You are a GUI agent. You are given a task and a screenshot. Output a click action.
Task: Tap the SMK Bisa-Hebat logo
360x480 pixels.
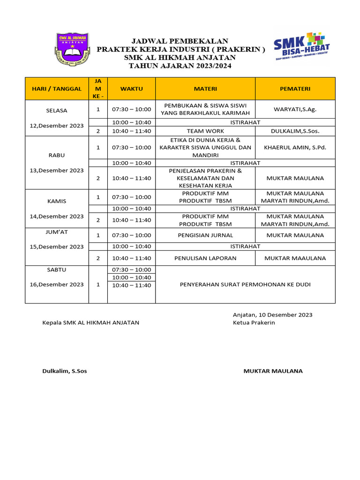302,47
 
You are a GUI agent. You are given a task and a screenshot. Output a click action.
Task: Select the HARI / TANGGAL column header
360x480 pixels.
57,89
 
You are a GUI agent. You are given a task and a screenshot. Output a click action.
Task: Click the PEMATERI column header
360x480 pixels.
295,89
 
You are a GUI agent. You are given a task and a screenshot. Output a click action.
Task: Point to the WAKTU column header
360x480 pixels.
131,89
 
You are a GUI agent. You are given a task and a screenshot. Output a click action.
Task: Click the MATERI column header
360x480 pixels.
205,89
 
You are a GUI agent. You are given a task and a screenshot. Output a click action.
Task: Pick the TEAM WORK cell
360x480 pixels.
205,131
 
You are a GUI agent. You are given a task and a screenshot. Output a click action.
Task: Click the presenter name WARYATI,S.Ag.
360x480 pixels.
295,109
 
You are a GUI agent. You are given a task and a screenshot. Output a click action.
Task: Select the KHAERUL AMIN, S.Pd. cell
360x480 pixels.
295,147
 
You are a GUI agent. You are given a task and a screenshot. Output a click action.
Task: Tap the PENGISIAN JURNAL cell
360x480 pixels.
205,235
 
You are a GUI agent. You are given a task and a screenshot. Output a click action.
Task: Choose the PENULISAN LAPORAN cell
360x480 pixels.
205,258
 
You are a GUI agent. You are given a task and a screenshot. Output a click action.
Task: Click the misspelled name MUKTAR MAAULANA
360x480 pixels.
295,258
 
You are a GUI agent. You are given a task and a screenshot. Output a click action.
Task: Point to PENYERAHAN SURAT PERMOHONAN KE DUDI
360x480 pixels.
245,285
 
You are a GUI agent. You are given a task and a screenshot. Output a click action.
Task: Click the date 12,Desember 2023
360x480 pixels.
57,126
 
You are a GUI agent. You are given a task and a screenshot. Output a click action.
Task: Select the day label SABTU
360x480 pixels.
57,270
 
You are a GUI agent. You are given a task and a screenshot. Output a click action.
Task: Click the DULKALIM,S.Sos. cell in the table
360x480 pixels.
295,131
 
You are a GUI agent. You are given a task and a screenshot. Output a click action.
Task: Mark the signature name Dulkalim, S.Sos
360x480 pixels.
65,371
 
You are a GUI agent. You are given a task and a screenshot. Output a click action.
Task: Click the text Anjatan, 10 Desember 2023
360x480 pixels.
272,315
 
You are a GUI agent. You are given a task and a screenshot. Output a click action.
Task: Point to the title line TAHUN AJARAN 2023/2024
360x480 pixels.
180,66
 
